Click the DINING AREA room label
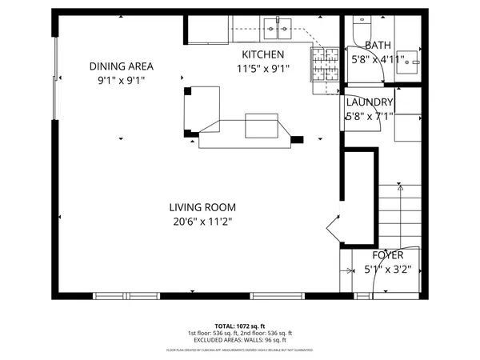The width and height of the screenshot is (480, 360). [121, 66]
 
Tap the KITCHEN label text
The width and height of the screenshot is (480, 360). [263, 54]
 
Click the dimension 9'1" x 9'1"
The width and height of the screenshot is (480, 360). [121, 80]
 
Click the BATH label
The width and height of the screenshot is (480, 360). [378, 46]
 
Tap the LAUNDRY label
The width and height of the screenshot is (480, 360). [370, 102]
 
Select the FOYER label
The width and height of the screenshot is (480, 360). [387, 255]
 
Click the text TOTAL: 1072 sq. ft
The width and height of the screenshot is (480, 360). [239, 325]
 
